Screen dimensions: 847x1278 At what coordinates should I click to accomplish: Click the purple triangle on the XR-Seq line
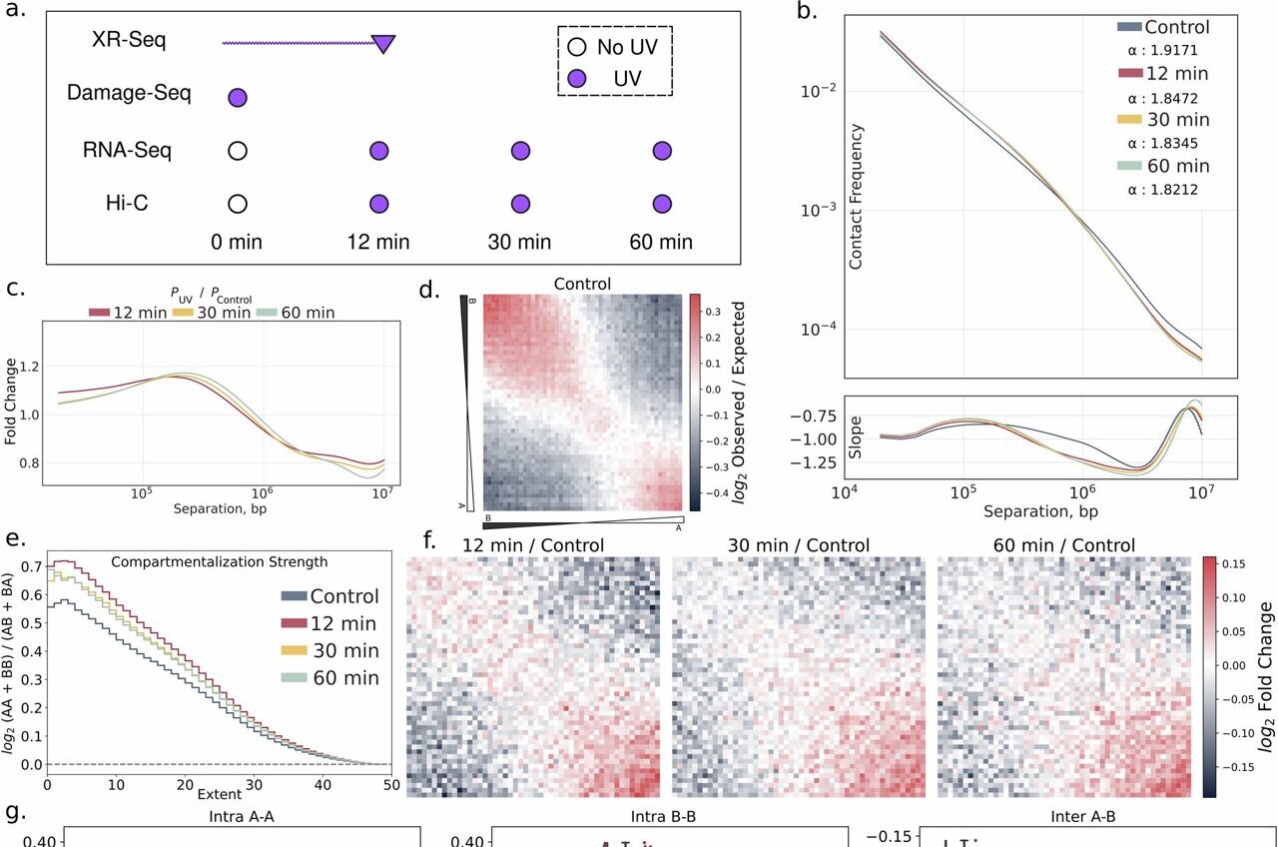(x=383, y=43)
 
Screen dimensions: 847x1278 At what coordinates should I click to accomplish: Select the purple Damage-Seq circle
(x=237, y=97)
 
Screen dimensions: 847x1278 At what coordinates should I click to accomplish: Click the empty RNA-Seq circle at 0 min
(x=237, y=151)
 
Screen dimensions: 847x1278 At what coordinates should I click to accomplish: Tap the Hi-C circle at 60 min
(x=661, y=204)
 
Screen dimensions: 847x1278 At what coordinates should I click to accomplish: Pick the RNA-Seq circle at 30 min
(x=519, y=151)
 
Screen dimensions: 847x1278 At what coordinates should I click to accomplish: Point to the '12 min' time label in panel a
(x=378, y=242)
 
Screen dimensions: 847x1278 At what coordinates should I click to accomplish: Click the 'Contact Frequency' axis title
(x=856, y=198)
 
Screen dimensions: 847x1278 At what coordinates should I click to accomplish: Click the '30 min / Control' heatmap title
(x=799, y=545)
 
